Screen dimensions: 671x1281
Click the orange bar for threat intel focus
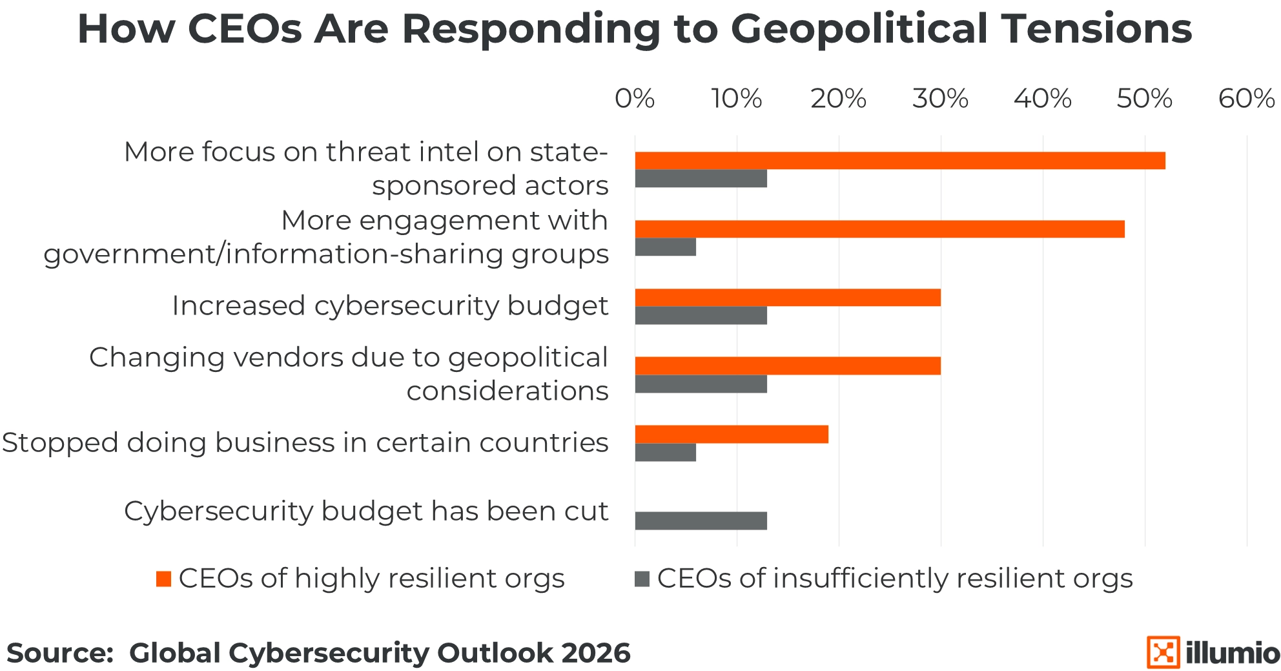900,161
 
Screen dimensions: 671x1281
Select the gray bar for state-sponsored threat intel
701,179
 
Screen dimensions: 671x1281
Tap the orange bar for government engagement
879,229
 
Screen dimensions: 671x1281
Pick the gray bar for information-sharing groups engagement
666,247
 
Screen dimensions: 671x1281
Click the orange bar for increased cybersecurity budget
788,298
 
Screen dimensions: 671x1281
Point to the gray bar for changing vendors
701,384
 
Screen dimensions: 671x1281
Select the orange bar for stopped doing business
732,435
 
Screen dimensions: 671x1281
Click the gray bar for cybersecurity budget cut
701,521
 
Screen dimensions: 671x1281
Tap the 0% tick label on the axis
635,99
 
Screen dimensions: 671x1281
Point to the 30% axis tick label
940,99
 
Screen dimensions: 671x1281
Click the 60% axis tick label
1246,99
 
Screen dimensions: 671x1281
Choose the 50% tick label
1144,99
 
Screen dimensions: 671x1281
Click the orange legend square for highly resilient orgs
164,579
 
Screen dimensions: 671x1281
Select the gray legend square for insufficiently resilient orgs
642,579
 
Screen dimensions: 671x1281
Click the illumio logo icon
1163,652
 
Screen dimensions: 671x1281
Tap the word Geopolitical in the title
859,29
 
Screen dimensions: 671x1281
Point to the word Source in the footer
59,653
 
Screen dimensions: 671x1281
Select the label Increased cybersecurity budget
390,306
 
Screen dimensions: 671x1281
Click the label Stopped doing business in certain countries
305,443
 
